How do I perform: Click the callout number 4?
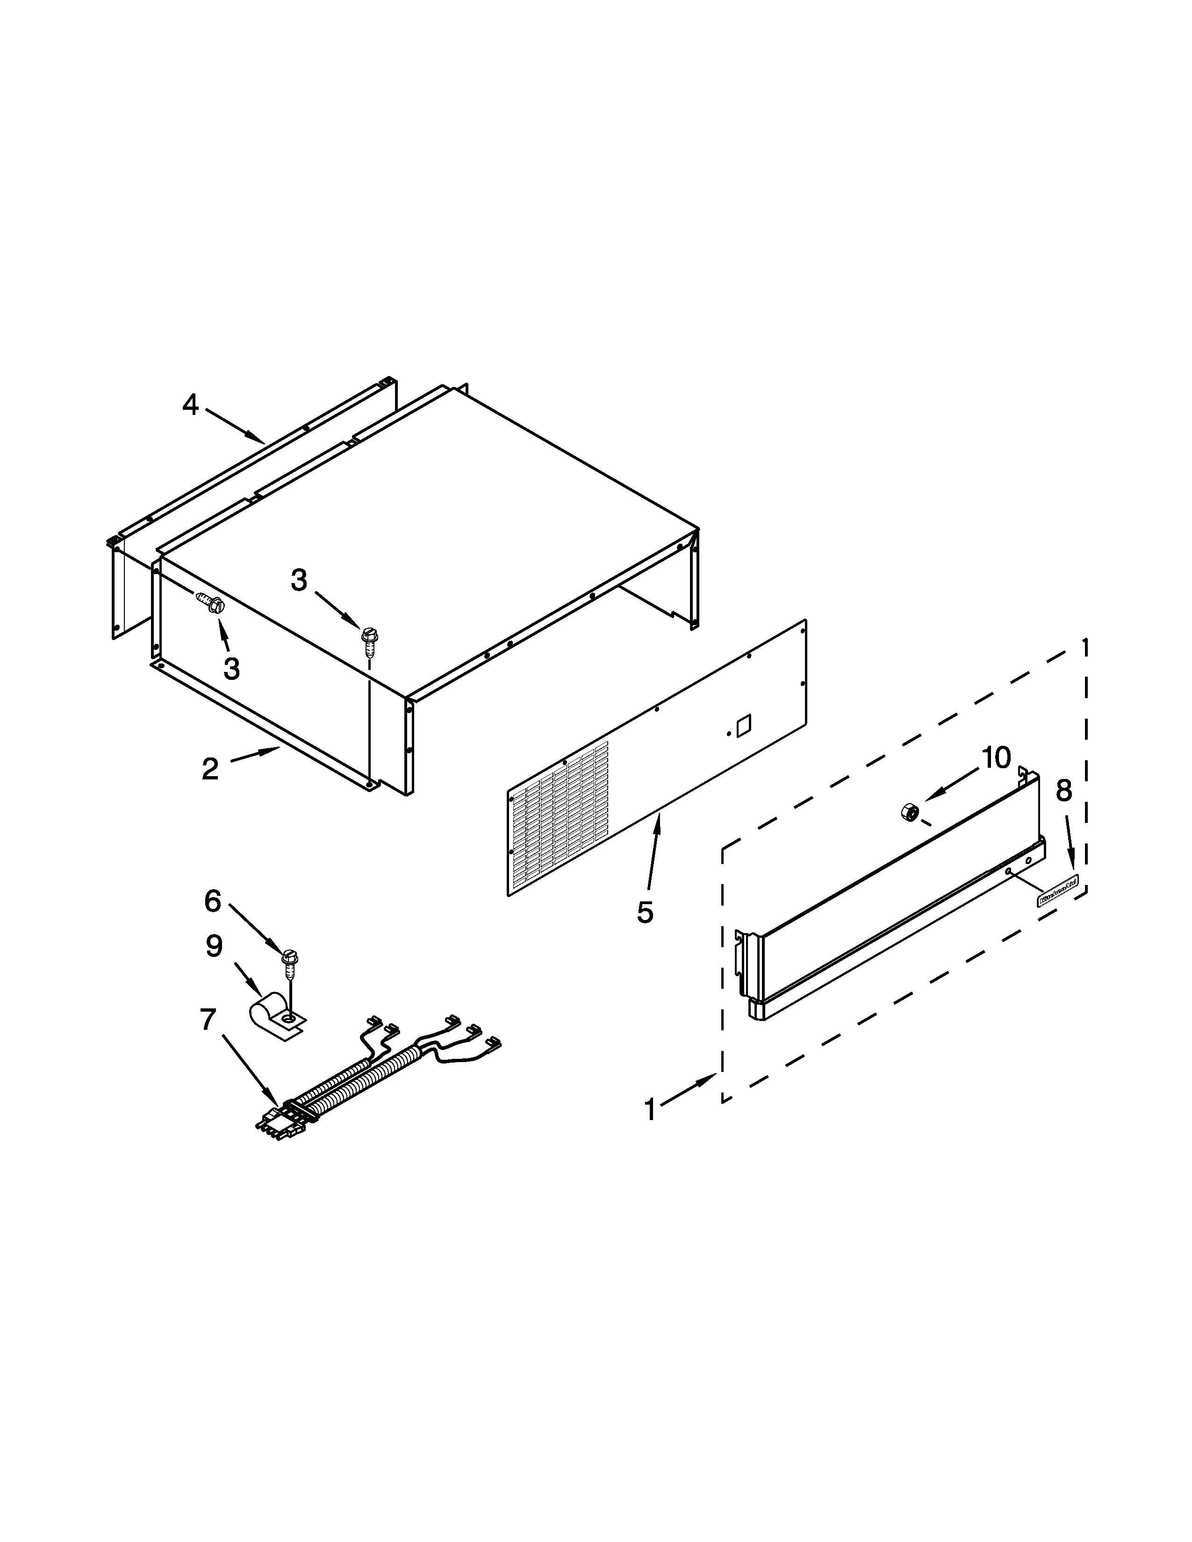[x=191, y=405]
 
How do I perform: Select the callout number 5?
[x=645, y=912]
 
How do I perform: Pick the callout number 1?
[x=650, y=1109]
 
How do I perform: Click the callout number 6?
[x=213, y=900]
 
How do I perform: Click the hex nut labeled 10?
[x=910, y=812]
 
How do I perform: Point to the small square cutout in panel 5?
[x=744, y=726]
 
